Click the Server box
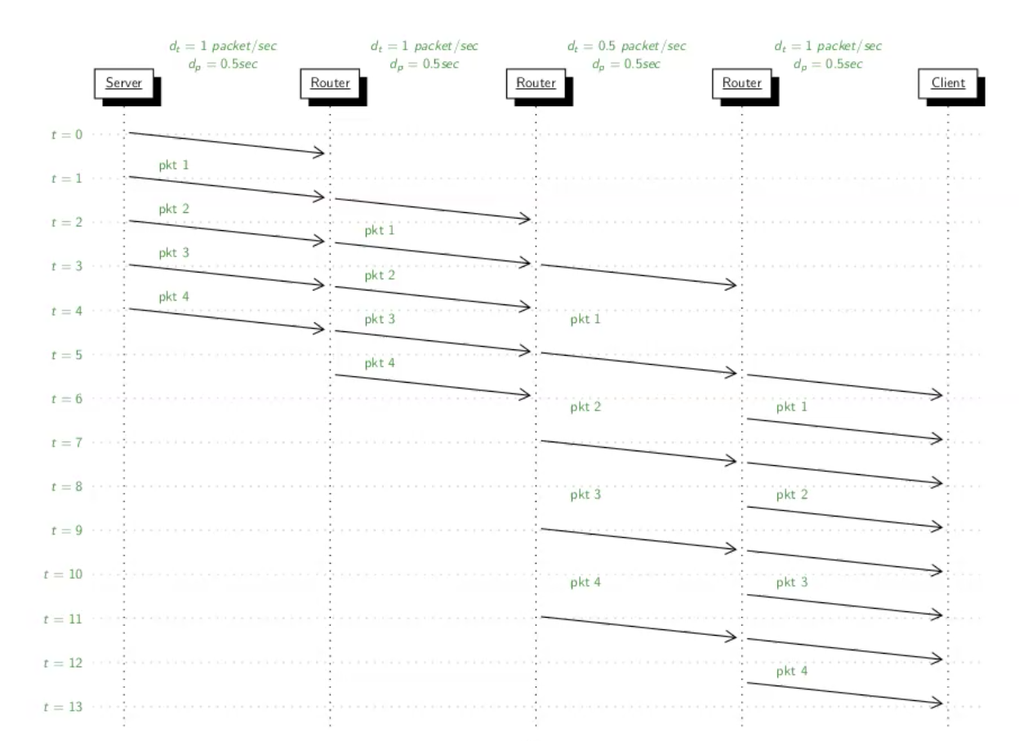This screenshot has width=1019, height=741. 124,83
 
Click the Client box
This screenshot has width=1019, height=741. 948,83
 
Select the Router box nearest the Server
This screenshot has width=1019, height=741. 330,83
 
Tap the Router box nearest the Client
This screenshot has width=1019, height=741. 742,83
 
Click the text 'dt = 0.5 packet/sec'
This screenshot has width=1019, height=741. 627,47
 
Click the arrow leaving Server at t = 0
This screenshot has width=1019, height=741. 227,143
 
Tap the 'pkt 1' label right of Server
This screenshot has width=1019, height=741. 174,165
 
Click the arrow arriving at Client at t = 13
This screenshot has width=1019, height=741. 845,693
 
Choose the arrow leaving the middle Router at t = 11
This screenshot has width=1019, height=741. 639,627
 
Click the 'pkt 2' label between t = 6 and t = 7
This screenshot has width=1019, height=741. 585,406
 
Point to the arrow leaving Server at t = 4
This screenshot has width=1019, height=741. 227,319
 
